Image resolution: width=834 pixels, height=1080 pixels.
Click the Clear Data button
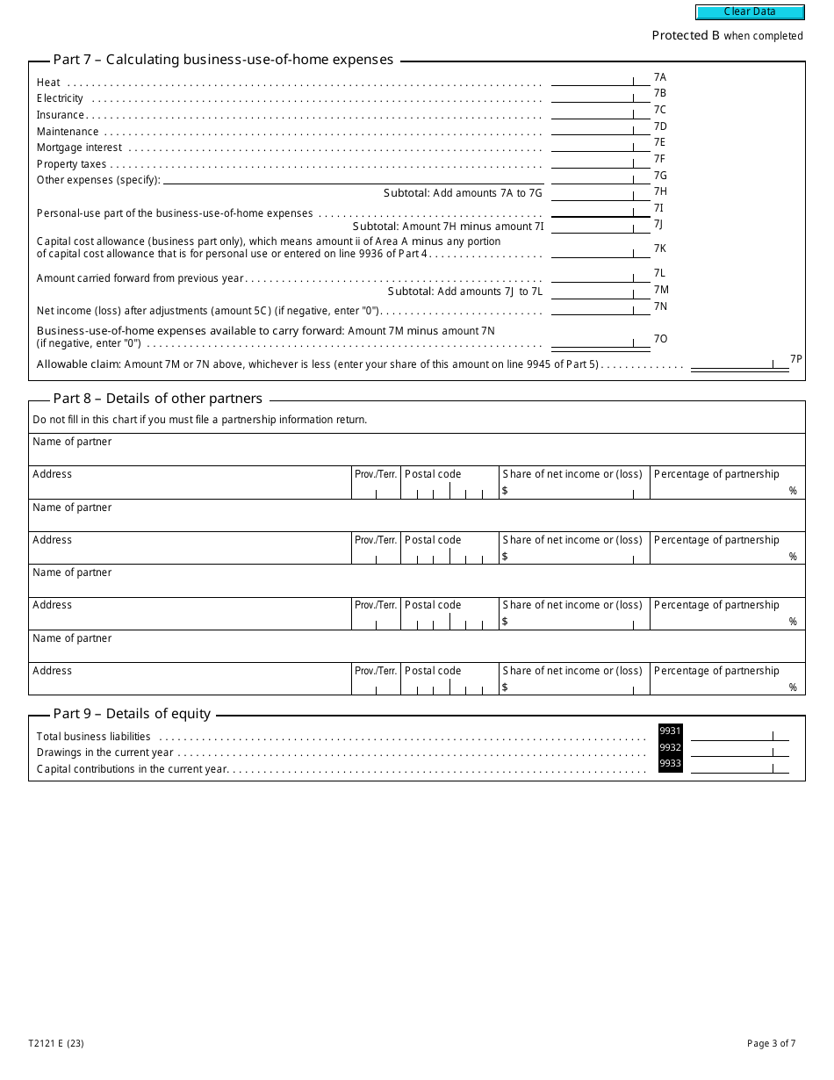[750, 12]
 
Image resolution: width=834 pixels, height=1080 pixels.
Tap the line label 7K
[660, 248]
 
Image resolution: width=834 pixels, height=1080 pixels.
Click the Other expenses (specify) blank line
[353, 179]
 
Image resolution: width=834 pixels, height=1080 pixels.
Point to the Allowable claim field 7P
[739, 364]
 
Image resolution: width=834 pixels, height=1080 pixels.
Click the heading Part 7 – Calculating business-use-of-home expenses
[223, 60]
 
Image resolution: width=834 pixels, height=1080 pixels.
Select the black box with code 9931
[670, 731]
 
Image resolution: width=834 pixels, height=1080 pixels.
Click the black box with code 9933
[670, 764]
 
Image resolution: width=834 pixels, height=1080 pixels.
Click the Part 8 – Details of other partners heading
[157, 399]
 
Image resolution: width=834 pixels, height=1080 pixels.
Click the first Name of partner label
[72, 442]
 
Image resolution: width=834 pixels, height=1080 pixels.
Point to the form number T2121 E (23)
[56, 1044]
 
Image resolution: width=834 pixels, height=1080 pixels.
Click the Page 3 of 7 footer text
[771, 1044]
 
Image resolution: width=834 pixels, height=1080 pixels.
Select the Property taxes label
[71, 164]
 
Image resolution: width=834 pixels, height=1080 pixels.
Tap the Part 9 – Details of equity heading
[132, 714]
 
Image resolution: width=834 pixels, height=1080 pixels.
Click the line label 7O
[660, 339]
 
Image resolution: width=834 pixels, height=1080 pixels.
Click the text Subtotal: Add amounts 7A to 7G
[464, 193]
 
